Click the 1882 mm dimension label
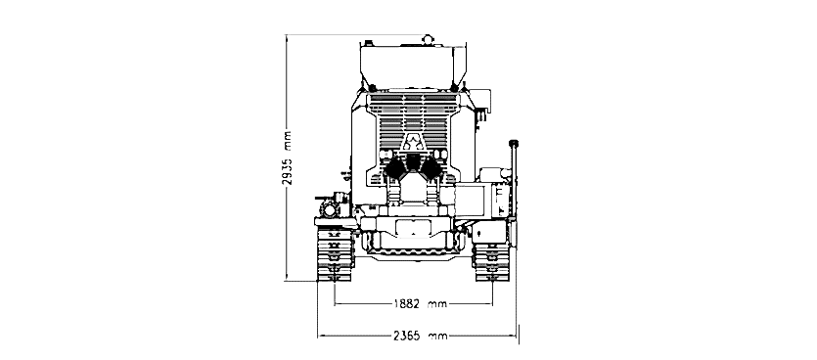coord(421,303)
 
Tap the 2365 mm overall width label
coord(420,337)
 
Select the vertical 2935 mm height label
coord(287,157)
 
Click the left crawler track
coord(334,254)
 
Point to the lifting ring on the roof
coord(428,39)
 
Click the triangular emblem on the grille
coord(413,142)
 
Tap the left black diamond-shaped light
coord(394,167)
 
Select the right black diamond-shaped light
coord(431,167)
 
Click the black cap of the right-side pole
coord(514,143)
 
